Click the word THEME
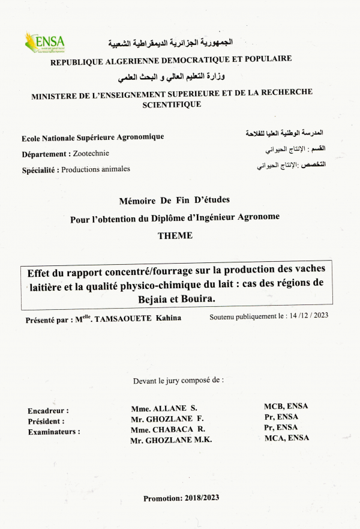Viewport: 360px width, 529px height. pyautogui.click(x=175, y=236)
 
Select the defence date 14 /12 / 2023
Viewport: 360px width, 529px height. pyautogui.click(x=304, y=315)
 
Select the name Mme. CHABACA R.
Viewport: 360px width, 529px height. pyautogui.click(x=168, y=429)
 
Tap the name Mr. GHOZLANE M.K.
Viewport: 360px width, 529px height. pyautogui.click(x=171, y=440)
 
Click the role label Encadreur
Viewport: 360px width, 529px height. pyautogui.click(x=48, y=411)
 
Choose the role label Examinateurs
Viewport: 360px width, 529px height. pyautogui.click(x=54, y=432)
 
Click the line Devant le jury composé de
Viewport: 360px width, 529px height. pyautogui.click(x=178, y=380)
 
